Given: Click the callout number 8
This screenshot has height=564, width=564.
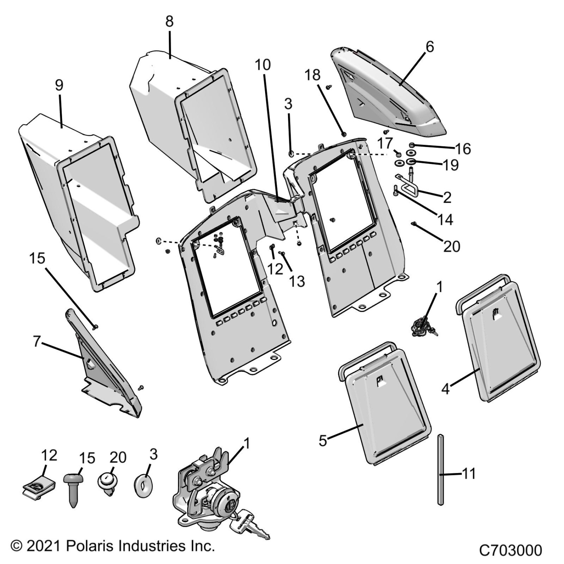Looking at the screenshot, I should [169, 22].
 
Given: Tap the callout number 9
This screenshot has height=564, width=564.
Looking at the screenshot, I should [59, 86].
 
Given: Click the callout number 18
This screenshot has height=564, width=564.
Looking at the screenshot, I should [313, 75].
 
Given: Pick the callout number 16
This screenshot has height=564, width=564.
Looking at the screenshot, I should [463, 149].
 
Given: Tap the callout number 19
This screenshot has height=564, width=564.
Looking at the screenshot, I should [451, 165].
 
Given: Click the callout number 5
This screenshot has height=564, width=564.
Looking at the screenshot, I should [323, 441].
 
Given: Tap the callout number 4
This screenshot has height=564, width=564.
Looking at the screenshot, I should [445, 389].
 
